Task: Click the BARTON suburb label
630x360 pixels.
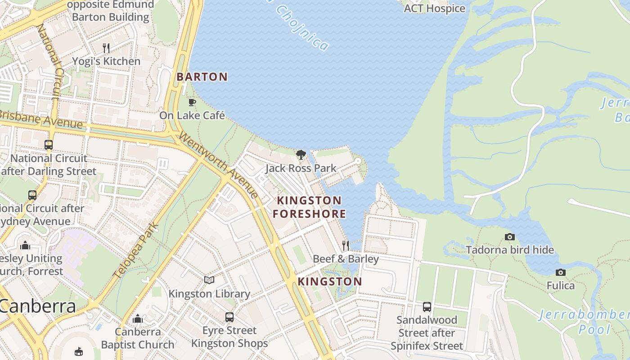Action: click(x=202, y=77)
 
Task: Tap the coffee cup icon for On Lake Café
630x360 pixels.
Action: click(x=192, y=102)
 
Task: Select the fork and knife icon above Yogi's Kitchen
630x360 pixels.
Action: click(x=106, y=48)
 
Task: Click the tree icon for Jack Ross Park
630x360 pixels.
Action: click(x=301, y=155)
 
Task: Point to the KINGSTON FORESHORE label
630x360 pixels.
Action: click(x=309, y=207)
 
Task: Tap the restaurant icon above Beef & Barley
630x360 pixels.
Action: click(x=346, y=246)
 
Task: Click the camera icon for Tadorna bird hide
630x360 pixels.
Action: click(x=510, y=237)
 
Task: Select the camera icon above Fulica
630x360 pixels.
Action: click(x=560, y=272)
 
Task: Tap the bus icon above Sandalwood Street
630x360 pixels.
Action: click(x=427, y=307)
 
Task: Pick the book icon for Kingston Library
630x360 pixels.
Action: click(x=209, y=280)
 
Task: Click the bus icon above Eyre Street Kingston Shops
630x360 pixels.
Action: click(x=229, y=317)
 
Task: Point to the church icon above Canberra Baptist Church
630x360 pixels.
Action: click(x=138, y=319)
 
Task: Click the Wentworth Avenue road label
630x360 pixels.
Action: click(x=219, y=164)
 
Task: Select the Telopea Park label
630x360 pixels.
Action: click(x=136, y=250)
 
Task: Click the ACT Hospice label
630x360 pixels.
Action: click(x=434, y=9)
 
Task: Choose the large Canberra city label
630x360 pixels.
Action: click(x=38, y=306)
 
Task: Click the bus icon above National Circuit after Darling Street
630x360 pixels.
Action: click(x=49, y=145)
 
